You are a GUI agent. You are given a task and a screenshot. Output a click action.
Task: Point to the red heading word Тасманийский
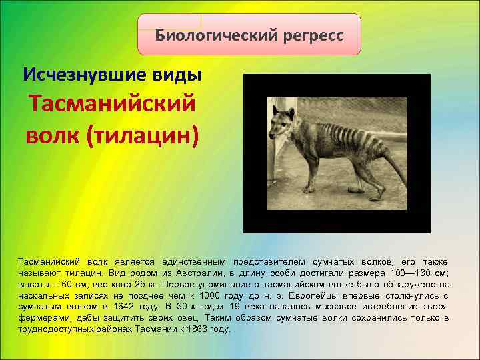(112, 104)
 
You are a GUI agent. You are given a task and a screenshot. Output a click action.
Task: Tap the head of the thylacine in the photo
(281, 123)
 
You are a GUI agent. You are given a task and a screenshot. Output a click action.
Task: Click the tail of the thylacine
(394, 166)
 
